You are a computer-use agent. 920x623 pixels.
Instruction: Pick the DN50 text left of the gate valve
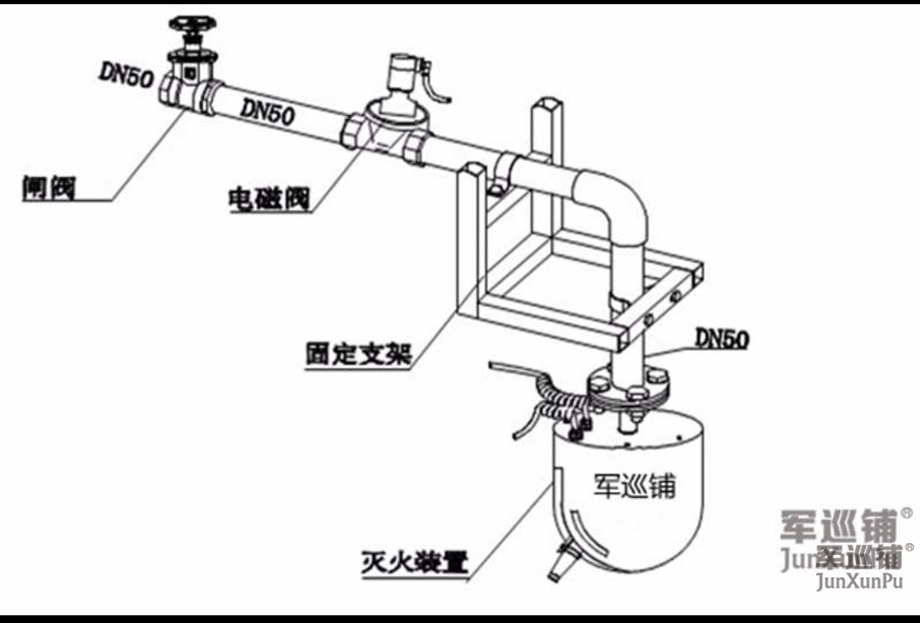tap(125, 75)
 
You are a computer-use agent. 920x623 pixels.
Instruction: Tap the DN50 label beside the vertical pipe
tap(722, 338)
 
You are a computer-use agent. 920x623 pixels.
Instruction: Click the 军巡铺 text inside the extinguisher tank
tap(634, 486)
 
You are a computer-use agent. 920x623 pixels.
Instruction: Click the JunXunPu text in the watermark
tap(859, 582)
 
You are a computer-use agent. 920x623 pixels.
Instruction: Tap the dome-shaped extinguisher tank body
tap(630, 502)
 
